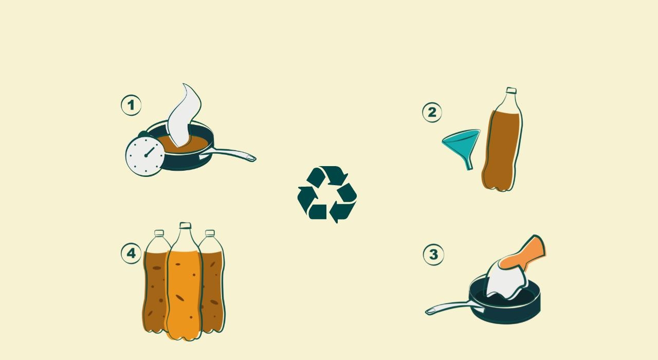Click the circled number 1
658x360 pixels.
(x=131, y=105)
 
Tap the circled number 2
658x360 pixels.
(x=432, y=112)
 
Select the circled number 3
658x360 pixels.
(x=433, y=255)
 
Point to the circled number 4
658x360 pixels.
(x=131, y=253)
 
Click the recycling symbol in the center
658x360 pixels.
(x=327, y=194)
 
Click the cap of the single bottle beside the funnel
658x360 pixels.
(x=511, y=91)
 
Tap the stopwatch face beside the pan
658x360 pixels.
(x=145, y=156)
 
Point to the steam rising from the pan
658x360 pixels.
(x=185, y=115)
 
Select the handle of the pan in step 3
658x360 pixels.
(x=454, y=308)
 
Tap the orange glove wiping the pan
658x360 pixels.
(x=523, y=254)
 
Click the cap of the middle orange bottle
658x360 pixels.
(x=186, y=225)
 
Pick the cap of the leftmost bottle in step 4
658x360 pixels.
(x=159, y=233)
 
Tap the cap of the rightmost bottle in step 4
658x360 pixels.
(x=210, y=233)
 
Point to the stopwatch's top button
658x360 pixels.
(x=143, y=134)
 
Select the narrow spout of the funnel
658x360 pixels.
(x=469, y=164)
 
